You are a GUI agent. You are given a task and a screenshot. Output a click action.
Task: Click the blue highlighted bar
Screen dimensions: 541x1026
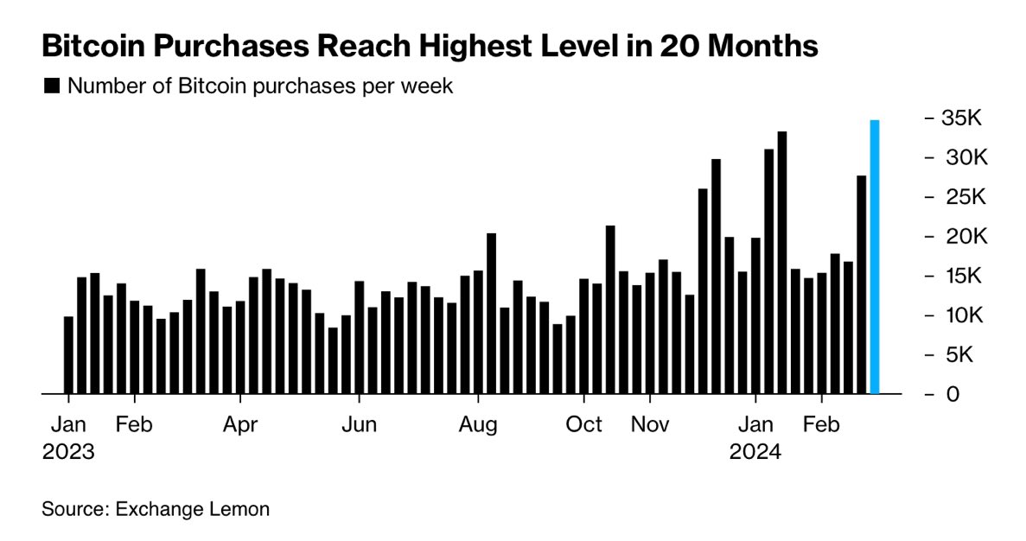[x=875, y=257]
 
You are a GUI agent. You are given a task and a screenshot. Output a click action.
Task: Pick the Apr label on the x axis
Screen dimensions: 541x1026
[x=241, y=425]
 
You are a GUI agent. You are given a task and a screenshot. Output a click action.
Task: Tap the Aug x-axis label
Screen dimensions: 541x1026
[x=478, y=425]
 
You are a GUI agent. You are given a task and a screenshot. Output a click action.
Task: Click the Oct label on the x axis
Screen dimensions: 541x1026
[x=584, y=425]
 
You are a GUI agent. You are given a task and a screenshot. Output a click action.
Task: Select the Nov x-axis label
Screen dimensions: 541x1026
[x=650, y=425]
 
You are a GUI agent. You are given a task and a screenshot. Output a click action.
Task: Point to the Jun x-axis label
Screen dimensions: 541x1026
[x=359, y=425]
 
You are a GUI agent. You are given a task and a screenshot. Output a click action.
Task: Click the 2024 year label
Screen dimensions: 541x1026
[x=755, y=452]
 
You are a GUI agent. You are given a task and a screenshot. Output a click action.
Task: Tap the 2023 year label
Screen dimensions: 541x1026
[x=68, y=452]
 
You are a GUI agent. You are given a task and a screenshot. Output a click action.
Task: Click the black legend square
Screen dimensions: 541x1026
[x=51, y=86]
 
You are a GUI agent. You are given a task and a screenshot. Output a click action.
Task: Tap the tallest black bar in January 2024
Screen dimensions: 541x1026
[x=782, y=263]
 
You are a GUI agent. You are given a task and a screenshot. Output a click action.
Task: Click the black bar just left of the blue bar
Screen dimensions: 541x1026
[x=861, y=284]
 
